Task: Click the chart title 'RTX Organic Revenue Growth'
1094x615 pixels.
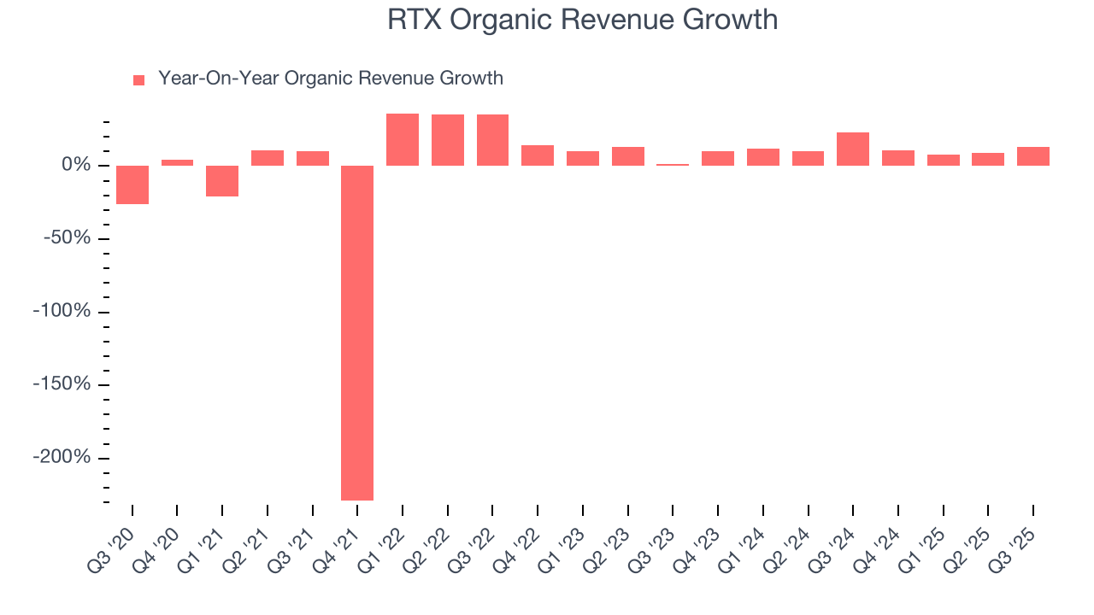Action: click(x=582, y=20)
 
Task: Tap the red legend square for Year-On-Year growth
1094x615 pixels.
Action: click(x=139, y=80)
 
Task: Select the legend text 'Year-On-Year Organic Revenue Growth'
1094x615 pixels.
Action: click(x=330, y=79)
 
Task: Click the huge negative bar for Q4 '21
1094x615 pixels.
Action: click(x=357, y=332)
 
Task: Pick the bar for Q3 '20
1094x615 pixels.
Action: click(x=132, y=184)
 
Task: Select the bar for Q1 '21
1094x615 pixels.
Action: click(x=222, y=181)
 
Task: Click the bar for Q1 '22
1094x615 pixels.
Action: click(x=403, y=139)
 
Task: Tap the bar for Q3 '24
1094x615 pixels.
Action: click(x=853, y=149)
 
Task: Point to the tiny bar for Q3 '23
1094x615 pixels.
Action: click(x=673, y=164)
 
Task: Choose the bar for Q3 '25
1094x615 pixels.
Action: click(x=1033, y=156)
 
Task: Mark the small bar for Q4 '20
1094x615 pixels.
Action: click(x=177, y=162)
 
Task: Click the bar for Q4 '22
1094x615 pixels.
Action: click(x=538, y=155)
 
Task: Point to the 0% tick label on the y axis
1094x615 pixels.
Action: click(x=76, y=165)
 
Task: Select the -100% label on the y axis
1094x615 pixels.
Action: click(x=62, y=311)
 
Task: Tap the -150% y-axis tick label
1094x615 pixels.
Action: click(x=62, y=384)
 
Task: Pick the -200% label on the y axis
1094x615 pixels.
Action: click(x=62, y=457)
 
